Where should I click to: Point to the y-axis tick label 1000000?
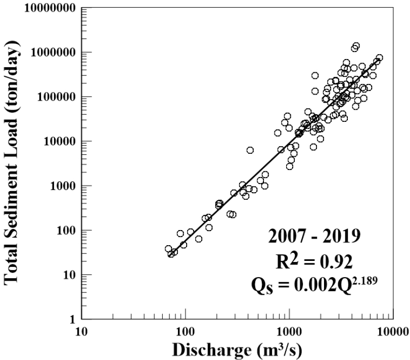click(x=43, y=53)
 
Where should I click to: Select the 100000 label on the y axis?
click(x=47, y=97)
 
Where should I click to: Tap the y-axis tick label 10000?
click(x=51, y=141)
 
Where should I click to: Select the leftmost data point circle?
click(x=168, y=249)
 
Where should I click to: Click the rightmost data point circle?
click(x=379, y=58)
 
